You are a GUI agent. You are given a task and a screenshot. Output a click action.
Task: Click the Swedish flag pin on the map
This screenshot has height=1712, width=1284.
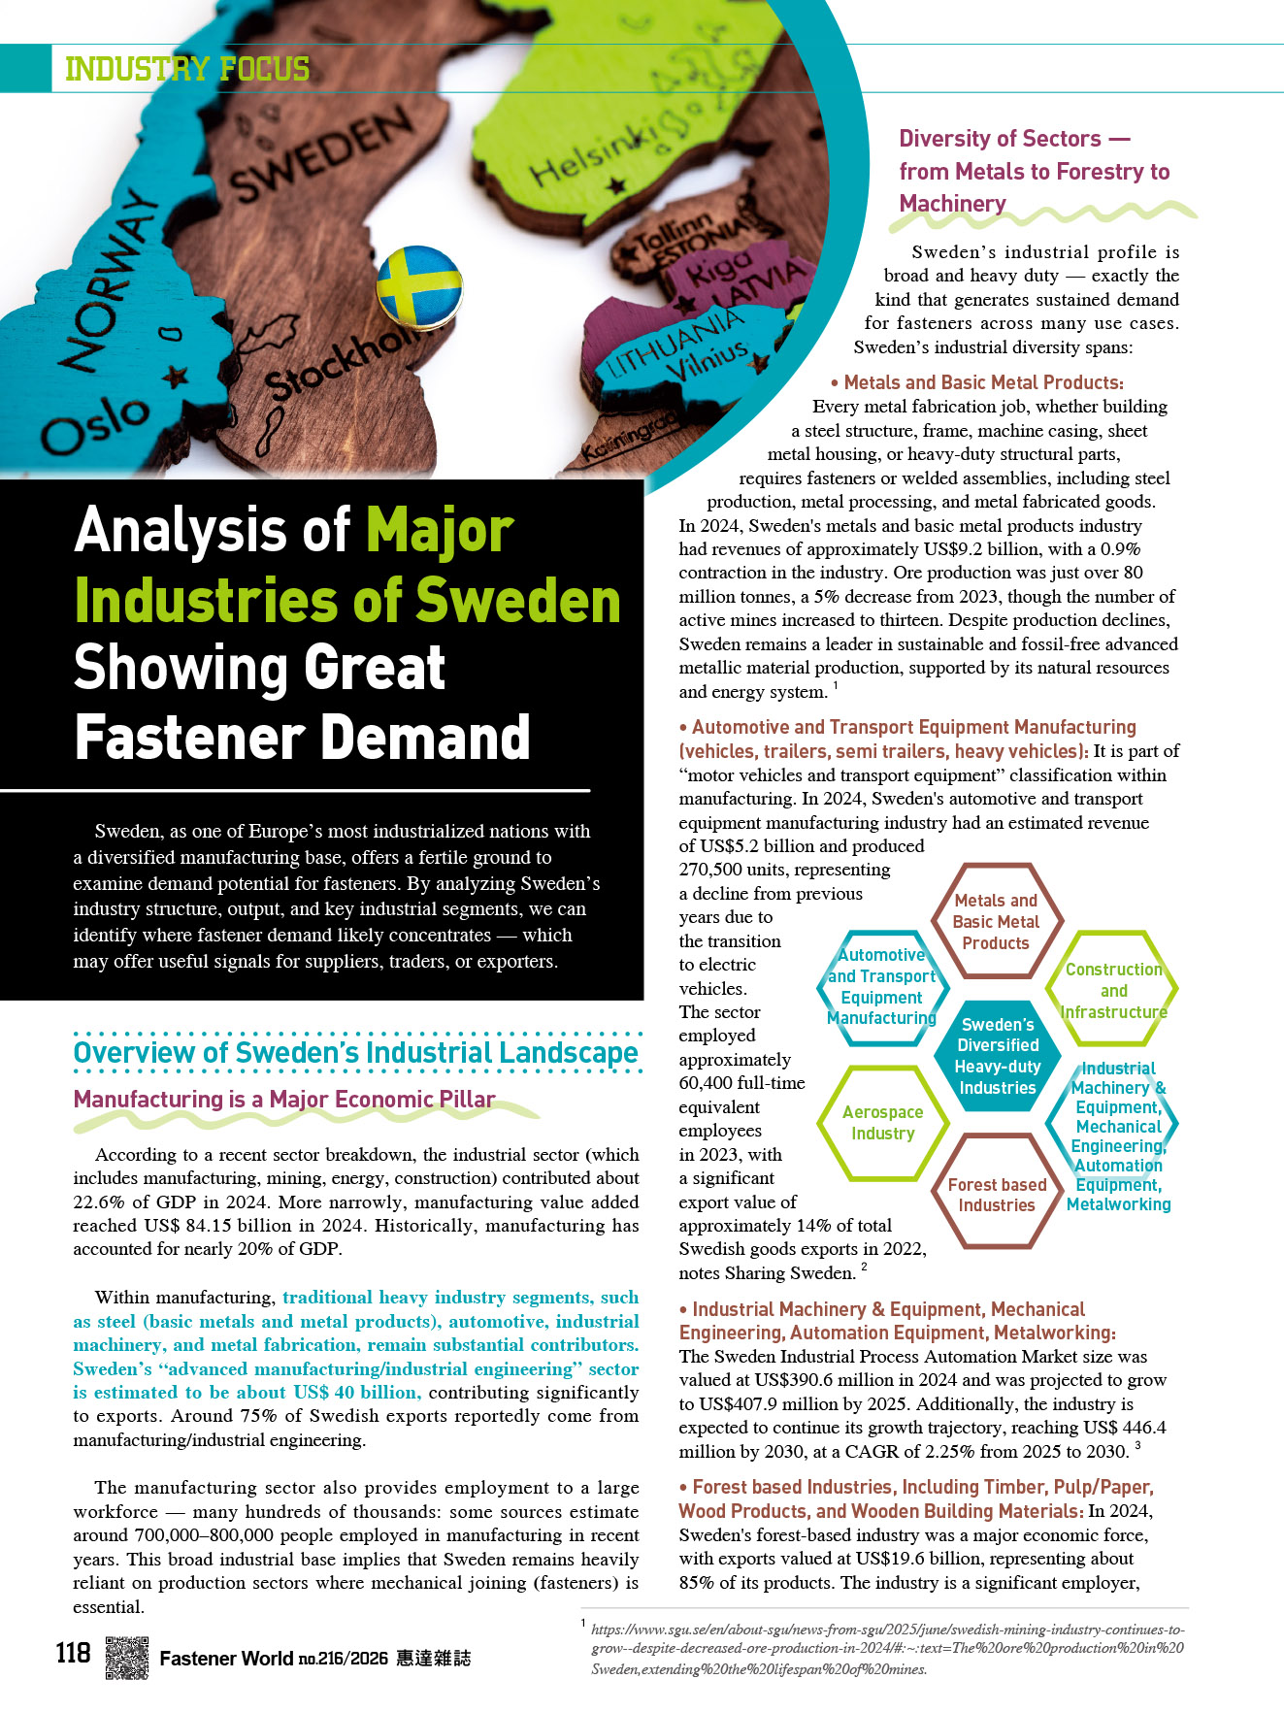tap(418, 285)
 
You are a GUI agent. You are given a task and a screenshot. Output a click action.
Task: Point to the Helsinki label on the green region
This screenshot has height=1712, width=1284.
tap(594, 156)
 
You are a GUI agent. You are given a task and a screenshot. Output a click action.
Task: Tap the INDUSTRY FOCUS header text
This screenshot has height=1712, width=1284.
tap(187, 69)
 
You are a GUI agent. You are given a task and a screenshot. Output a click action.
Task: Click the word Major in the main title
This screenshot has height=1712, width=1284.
tap(440, 531)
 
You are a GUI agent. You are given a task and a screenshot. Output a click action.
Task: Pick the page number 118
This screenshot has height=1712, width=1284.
tap(73, 1652)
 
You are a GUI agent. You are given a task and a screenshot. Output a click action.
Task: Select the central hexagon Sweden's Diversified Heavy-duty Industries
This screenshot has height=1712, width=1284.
tap(997, 1056)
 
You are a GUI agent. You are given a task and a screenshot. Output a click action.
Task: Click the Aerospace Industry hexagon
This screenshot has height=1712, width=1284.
tap(882, 1123)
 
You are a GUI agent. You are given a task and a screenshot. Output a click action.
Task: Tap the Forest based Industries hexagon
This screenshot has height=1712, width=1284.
tap(997, 1195)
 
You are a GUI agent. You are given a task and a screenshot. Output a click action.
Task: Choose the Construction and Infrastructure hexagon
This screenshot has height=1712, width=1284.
tap(1113, 990)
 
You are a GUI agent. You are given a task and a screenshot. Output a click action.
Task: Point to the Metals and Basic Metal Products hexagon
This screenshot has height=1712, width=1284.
tap(996, 921)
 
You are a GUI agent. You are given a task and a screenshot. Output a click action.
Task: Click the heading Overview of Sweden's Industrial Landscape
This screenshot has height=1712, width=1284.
tap(355, 1053)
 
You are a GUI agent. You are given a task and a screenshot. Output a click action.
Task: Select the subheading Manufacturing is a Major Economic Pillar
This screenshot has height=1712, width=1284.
tap(284, 1100)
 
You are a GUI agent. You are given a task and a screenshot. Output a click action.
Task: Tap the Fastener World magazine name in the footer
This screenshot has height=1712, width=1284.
tap(225, 1659)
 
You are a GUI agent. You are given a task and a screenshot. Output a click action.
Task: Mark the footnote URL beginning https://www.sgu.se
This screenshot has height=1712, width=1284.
tap(887, 1649)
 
